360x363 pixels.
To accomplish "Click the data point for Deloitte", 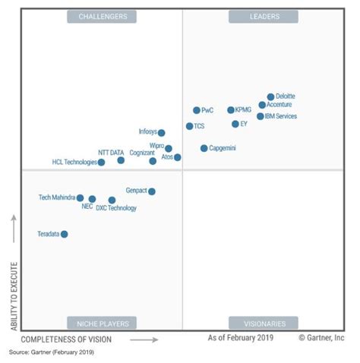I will pos(270,97).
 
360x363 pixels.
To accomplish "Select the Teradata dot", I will pos(65,234).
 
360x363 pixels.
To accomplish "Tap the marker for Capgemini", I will pos(204,148).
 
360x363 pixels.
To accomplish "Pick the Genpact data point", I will pos(152,191).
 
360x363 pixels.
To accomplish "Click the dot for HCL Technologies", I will pos(101,163).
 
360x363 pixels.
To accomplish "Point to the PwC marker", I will pos(197,110).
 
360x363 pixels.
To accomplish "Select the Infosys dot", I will pos(162,133).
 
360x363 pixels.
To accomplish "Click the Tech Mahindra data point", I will pos(80,197).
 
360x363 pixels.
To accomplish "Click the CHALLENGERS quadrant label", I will pos(103,16).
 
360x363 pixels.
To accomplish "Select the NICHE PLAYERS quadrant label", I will pos(102,323).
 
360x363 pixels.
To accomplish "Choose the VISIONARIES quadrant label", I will pos(264,323).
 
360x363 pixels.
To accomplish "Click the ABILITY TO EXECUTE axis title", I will pos(14,296).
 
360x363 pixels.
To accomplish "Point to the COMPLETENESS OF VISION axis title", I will pos(68,339).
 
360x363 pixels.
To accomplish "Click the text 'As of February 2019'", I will pos(242,338).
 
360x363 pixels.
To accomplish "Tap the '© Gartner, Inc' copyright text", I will pos(321,338).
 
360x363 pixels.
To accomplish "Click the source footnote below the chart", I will pos(51,352).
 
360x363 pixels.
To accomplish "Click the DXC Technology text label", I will pos(117,209).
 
